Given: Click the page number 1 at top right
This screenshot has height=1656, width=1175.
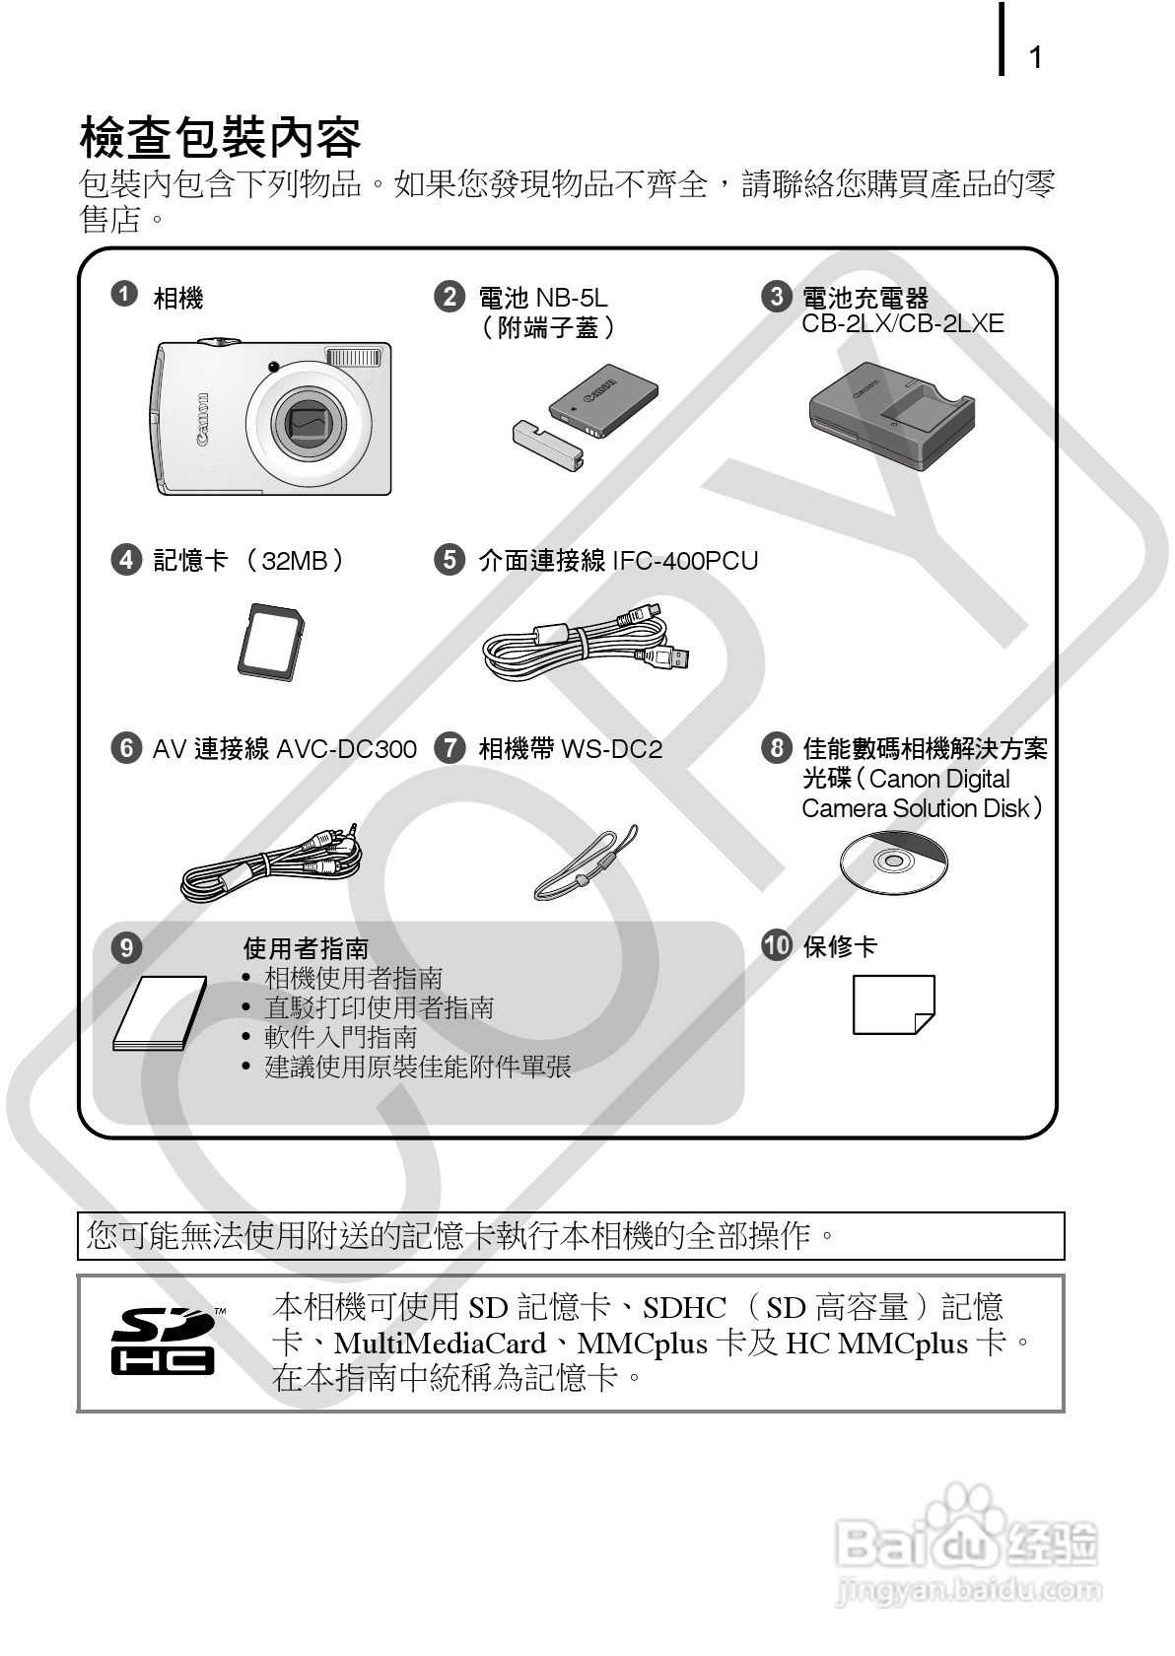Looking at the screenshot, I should (x=1035, y=58).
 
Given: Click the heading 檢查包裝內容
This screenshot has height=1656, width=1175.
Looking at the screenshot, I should (x=220, y=138).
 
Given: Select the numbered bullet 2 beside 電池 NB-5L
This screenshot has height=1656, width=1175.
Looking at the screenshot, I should (x=449, y=297).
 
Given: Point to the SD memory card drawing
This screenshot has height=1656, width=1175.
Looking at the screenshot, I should (x=271, y=642).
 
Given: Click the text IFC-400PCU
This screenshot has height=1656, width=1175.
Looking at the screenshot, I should (x=685, y=561).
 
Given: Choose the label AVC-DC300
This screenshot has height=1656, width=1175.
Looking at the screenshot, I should (x=346, y=749).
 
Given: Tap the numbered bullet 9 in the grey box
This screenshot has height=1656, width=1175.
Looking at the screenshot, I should (x=126, y=948).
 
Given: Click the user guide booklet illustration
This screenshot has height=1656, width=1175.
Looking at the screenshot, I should (x=160, y=1014).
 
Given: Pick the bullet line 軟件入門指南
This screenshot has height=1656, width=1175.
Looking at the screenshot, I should (x=341, y=1037).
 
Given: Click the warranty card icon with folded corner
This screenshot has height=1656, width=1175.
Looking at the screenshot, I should (x=893, y=1004).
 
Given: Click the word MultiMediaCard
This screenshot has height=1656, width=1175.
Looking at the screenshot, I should (x=440, y=1344).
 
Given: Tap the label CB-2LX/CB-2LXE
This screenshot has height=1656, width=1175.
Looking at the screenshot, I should (x=902, y=324).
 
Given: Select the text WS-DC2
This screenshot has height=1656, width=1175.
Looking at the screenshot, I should (x=611, y=749).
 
